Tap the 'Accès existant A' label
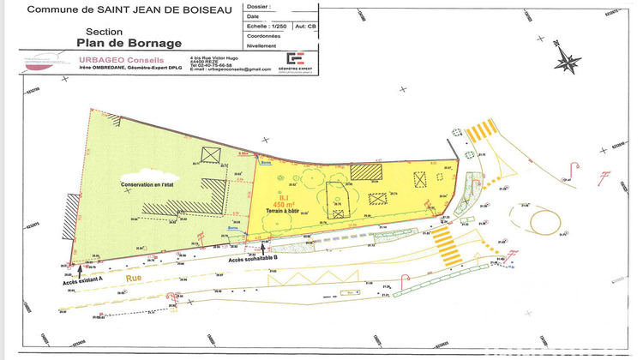[x=82, y=279]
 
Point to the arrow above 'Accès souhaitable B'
[x=262, y=248]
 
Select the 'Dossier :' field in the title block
[x=255, y=7]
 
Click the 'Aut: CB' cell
[x=304, y=27]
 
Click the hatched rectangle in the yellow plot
[x=364, y=172]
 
